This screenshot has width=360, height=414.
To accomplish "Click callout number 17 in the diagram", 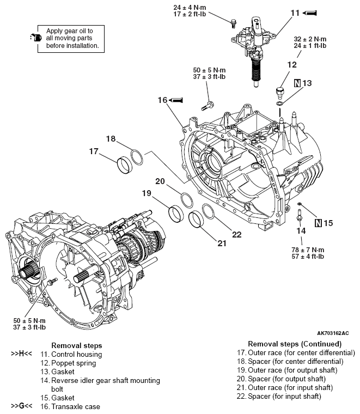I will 94,151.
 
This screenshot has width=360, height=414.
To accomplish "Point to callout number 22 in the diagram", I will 236,235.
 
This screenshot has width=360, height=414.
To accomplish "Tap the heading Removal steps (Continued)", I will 294,344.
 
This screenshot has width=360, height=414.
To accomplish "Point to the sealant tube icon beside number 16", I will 178,100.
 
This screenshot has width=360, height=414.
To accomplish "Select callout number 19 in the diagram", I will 146,193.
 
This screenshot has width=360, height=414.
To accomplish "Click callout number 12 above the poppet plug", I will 292,64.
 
